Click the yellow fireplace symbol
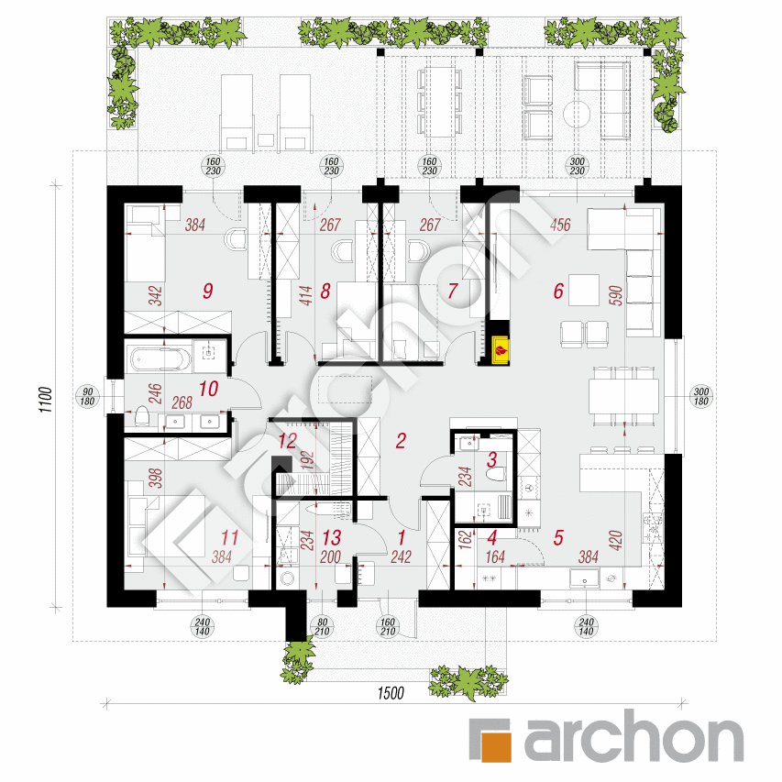click(x=501, y=349)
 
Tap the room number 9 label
click(x=208, y=291)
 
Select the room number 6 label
click(x=558, y=291)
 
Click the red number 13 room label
click(x=332, y=537)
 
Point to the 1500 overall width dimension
click(x=390, y=693)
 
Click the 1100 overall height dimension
click(x=46, y=400)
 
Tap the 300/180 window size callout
click(x=701, y=396)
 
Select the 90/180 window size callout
click(x=87, y=397)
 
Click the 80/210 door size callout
click(x=322, y=627)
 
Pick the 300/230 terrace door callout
click(x=577, y=166)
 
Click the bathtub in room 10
click(x=161, y=359)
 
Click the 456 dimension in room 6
click(x=560, y=225)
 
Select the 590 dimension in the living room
click(x=616, y=295)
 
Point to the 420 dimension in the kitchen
click(x=616, y=541)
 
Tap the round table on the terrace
click(x=577, y=114)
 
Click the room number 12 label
click(x=288, y=441)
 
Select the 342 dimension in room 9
click(x=156, y=296)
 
